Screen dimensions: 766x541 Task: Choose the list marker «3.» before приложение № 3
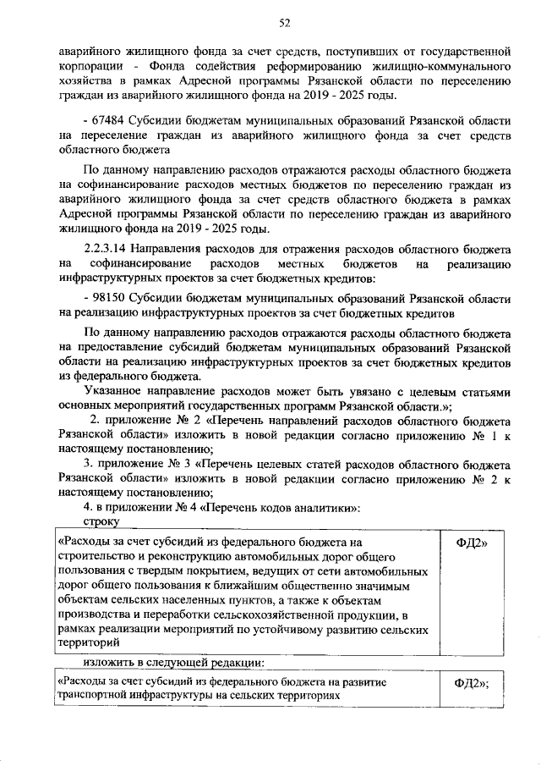[88, 465]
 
